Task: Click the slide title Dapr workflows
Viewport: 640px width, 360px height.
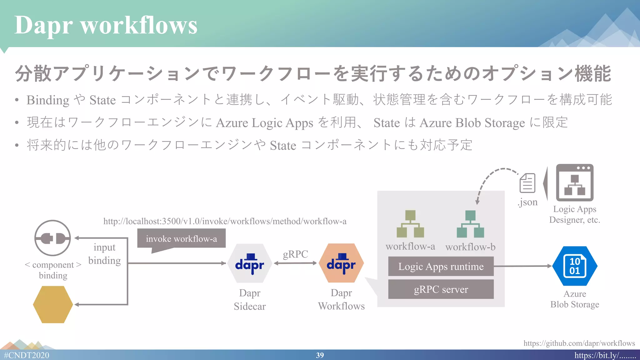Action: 106,25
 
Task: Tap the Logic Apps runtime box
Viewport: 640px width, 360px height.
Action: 441,266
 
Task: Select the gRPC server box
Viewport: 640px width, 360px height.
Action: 441,289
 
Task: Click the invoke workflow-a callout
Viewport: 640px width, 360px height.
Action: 181,239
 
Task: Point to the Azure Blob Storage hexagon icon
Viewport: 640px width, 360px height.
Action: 575,266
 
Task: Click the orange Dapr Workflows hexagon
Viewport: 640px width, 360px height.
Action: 341,263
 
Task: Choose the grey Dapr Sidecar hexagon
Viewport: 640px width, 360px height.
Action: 250,263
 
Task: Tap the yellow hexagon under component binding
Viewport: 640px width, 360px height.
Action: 53,304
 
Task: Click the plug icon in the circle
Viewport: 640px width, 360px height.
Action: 52,238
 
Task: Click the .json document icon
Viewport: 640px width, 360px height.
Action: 527,183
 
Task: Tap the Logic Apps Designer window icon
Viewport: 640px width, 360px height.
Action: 574,182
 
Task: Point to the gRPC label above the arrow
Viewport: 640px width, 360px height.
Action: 295,254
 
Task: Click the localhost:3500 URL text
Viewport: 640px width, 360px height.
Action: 225,221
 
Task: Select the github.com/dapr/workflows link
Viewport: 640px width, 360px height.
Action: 579,343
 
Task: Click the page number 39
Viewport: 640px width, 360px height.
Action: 320,355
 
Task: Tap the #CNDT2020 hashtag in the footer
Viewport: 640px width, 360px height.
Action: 27,355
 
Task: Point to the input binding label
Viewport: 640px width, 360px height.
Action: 104,254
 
